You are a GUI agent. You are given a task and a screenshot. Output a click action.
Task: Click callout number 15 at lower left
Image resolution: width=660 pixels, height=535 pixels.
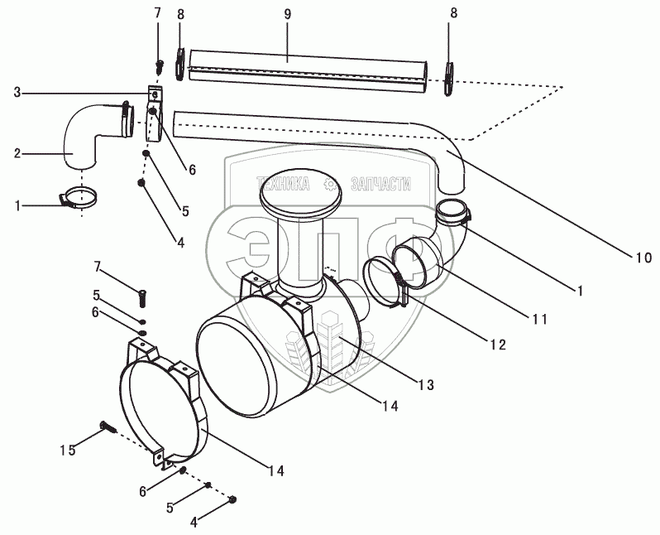tap(69, 450)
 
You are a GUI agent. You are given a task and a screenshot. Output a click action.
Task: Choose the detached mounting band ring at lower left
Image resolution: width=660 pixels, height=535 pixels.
tap(165, 406)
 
